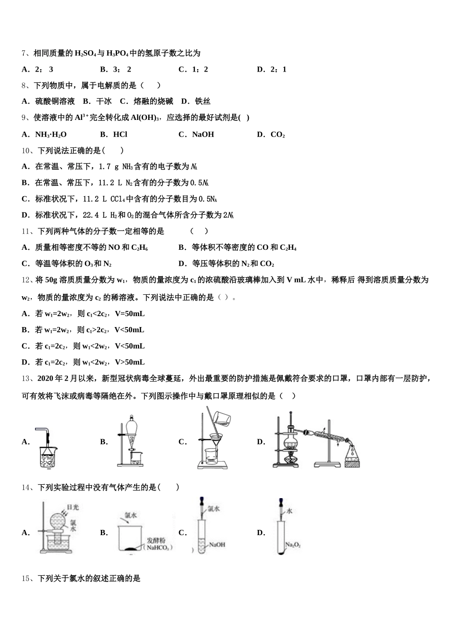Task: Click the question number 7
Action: point(24,54)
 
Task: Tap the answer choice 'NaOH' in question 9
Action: point(203,135)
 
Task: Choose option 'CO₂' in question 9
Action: point(278,135)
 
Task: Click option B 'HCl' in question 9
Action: point(120,135)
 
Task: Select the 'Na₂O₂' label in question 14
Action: point(293,546)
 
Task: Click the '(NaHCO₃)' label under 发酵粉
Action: point(160,548)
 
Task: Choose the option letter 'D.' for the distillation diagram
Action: point(261,442)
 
